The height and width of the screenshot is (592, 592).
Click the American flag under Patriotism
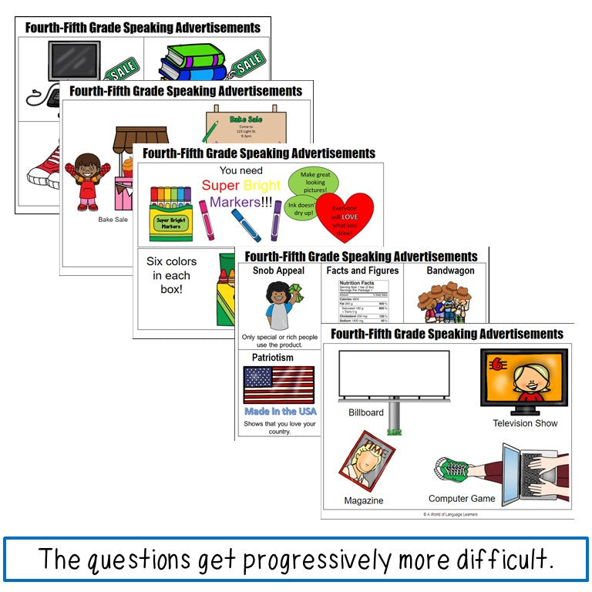(278, 385)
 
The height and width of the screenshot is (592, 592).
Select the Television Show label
(525, 423)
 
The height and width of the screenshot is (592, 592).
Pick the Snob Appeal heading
(278, 271)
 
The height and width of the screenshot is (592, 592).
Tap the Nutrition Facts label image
(362, 301)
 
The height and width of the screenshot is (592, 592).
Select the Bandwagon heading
(450, 271)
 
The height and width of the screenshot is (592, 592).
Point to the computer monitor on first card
(74, 62)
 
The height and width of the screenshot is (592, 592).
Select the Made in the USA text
(280, 411)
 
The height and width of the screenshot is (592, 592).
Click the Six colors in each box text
(171, 275)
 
